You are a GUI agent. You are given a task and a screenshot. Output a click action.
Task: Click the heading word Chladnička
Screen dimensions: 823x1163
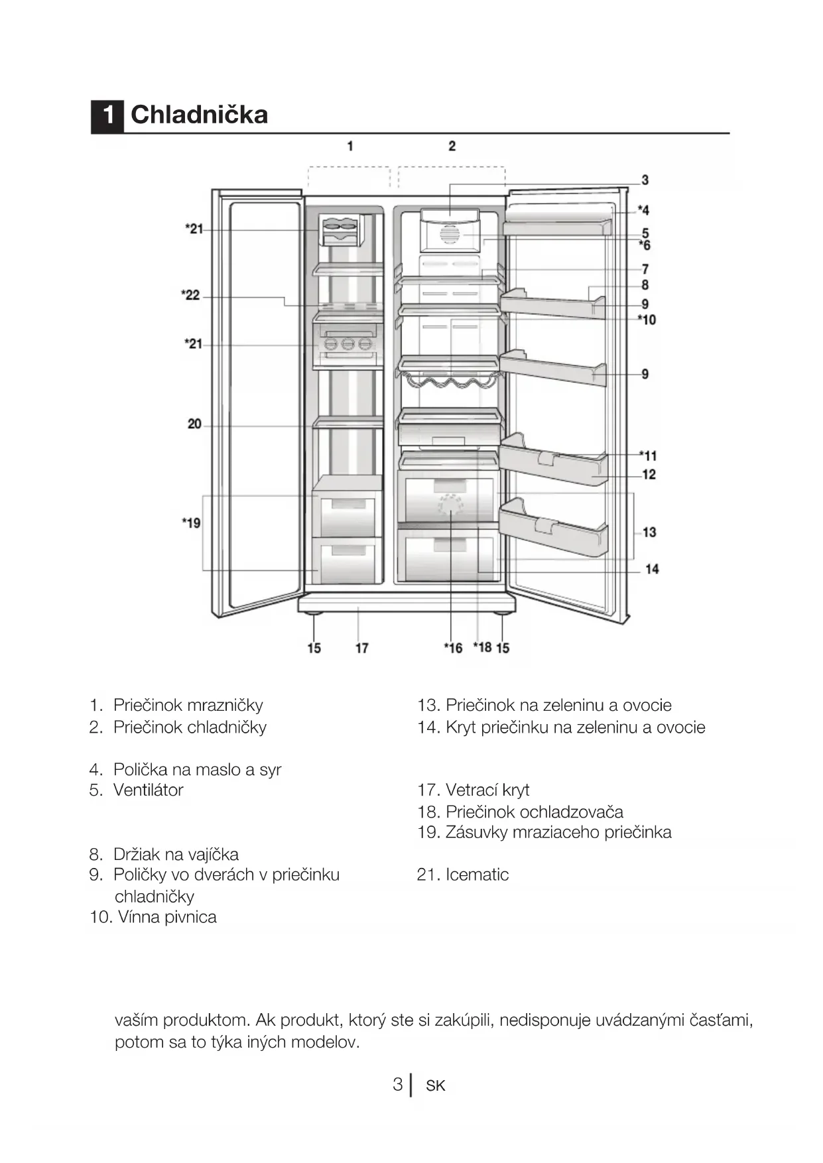[x=199, y=115]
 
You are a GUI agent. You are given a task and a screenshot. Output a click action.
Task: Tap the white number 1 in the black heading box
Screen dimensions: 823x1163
[x=107, y=115]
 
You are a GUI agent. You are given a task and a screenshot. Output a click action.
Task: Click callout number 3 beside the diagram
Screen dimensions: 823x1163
[x=645, y=180]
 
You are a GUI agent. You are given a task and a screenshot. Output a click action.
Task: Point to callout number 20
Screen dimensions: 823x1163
[x=194, y=424]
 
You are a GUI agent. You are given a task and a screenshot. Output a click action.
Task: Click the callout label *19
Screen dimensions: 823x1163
[x=191, y=523]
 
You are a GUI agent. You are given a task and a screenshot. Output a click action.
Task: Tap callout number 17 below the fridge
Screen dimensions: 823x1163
[x=361, y=648]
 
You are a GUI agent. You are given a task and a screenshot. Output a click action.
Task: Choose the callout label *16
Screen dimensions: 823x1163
[x=453, y=648]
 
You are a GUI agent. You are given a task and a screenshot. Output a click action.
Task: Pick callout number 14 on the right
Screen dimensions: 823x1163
[x=652, y=569]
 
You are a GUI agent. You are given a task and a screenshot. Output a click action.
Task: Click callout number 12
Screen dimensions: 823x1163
[x=649, y=475]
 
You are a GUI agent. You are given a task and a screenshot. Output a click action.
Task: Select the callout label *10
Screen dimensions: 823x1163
[x=647, y=320]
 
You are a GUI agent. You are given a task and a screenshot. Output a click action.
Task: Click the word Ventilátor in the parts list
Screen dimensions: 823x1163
[x=148, y=790]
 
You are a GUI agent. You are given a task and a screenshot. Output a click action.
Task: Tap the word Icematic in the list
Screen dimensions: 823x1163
[x=477, y=875]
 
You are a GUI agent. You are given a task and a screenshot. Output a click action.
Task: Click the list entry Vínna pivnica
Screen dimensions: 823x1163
[x=166, y=917]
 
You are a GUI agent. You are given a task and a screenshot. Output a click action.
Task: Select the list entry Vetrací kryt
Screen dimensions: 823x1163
[x=487, y=790]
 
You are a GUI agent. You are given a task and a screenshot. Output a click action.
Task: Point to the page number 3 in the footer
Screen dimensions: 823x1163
[x=397, y=1085]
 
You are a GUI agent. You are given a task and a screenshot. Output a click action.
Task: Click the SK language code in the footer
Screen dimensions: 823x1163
[x=436, y=1086]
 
